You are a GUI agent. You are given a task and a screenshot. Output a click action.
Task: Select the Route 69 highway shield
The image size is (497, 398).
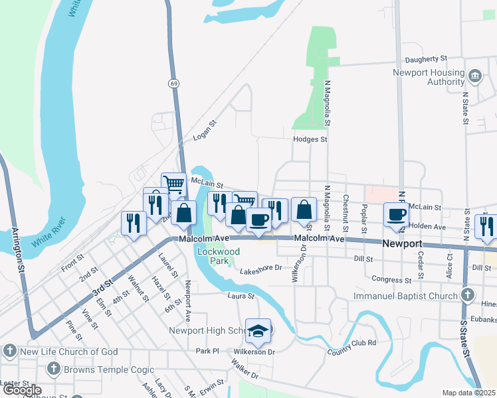click(173, 84)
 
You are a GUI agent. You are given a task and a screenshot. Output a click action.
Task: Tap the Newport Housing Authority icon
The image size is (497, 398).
click(474, 74)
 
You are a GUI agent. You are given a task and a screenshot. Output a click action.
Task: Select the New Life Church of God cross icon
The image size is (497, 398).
click(9, 351)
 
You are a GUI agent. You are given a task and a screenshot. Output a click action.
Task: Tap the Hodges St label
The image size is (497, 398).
click(310, 139)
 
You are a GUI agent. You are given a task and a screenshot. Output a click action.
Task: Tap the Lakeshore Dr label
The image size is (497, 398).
click(261, 269)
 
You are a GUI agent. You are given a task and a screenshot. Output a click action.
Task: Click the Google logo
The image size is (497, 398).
click(21, 390)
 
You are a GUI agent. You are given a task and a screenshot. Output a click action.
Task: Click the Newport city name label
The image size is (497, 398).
click(403, 243)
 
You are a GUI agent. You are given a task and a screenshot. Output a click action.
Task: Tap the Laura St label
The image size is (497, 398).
click(241, 296)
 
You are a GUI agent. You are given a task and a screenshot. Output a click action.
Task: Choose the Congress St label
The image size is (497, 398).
click(387, 280)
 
